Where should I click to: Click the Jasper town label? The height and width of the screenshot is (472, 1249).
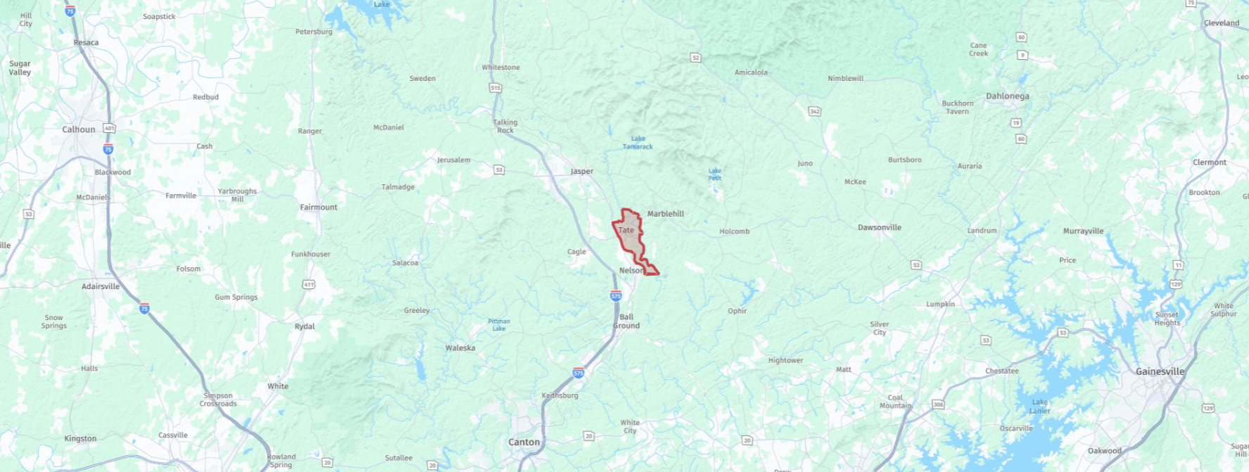tap(582, 171)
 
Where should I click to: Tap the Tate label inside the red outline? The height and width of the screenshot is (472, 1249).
tap(626, 230)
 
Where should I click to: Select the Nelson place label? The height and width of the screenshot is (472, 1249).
tap(630, 270)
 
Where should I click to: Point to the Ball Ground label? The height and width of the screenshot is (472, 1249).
tap(626, 321)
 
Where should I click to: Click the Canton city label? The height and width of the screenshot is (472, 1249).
tap(524, 442)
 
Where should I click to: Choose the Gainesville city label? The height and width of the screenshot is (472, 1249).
tap(1160, 371)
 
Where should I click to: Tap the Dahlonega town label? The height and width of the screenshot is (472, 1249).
tap(1007, 96)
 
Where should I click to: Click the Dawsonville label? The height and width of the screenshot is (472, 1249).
tap(879, 227)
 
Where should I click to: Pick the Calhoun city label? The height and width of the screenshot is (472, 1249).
tap(79, 129)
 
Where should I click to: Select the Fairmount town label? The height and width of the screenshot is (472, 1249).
tap(319, 207)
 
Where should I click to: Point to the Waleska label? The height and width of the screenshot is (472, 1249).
tap(460, 347)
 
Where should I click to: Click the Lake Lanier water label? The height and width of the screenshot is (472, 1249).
tap(1039, 406)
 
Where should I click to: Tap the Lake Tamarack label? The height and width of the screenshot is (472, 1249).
tap(638, 143)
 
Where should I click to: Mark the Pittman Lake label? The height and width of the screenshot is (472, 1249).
tap(499, 324)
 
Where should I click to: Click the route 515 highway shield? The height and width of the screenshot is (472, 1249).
tap(495, 88)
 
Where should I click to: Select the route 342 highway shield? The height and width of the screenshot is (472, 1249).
tap(815, 111)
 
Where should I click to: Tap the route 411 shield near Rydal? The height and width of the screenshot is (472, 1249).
tap(308, 284)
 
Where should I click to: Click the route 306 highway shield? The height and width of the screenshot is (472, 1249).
tap(938, 404)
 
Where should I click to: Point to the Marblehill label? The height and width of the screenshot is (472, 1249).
tap(666, 213)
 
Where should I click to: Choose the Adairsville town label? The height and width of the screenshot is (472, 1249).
tap(101, 286)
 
